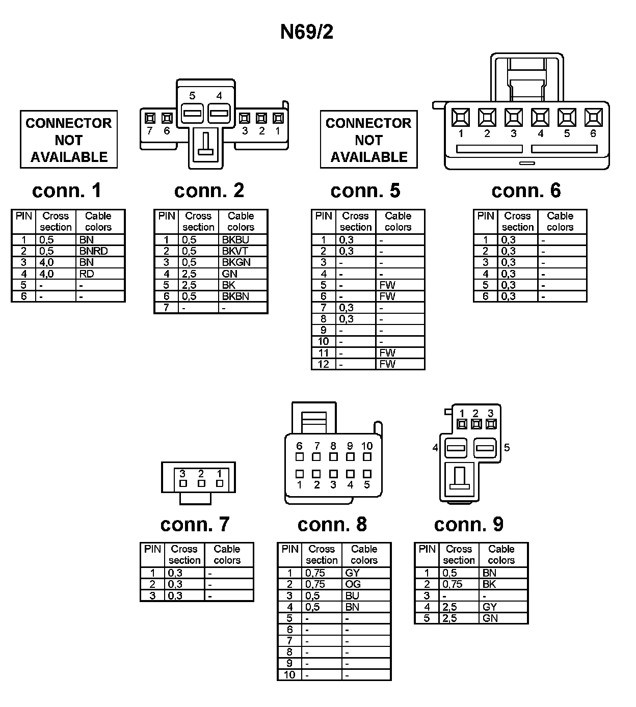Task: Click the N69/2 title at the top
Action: (307, 32)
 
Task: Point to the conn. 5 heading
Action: (365, 191)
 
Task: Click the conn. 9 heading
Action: (468, 524)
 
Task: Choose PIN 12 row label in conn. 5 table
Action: (324, 364)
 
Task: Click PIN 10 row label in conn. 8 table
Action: (289, 675)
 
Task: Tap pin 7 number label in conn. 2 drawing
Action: (149, 131)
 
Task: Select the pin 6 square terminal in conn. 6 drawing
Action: (593, 118)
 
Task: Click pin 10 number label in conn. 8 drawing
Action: (367, 446)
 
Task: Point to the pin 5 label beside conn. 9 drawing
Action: (507, 448)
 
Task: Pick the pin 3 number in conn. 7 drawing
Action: (182, 474)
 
